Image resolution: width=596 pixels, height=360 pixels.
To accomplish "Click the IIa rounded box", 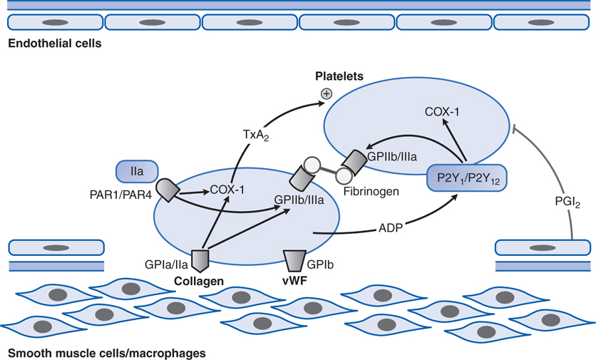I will click(x=132, y=171).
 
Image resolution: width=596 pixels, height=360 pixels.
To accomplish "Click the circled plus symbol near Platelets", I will click(x=327, y=93).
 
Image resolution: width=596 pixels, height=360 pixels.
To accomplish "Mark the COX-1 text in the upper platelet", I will click(x=443, y=112).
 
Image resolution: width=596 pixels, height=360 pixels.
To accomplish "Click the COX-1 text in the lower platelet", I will click(x=227, y=190).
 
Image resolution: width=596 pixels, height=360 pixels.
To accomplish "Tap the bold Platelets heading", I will click(x=341, y=76).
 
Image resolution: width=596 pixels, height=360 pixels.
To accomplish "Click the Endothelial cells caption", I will click(x=54, y=43).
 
